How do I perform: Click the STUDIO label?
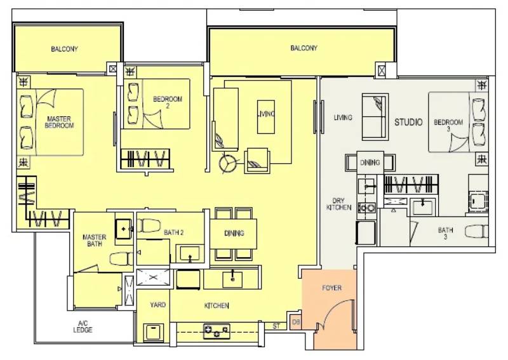tap(408, 122)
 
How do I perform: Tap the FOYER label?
tap(331, 288)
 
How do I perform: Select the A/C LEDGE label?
tap(83, 326)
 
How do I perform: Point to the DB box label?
tap(295, 322)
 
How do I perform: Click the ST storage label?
tap(276, 326)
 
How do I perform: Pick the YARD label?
tap(157, 305)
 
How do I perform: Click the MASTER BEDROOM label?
tap(59, 122)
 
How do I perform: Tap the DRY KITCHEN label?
tap(338, 204)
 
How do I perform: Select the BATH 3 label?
tap(445, 233)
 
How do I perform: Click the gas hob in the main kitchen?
tap(217, 331)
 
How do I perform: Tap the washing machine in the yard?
tap(152, 332)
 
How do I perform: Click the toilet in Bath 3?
tap(477, 231)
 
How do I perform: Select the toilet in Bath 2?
tap(149, 225)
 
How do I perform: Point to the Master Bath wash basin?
tap(124, 229)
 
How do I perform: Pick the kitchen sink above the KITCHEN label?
tap(232, 279)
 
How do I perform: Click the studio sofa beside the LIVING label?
tap(375, 117)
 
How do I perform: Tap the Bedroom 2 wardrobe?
tap(145, 159)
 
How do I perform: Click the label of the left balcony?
tap(64, 49)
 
